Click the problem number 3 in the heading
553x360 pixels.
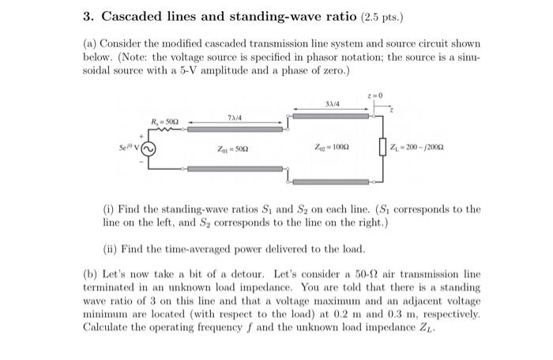click(87, 16)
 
